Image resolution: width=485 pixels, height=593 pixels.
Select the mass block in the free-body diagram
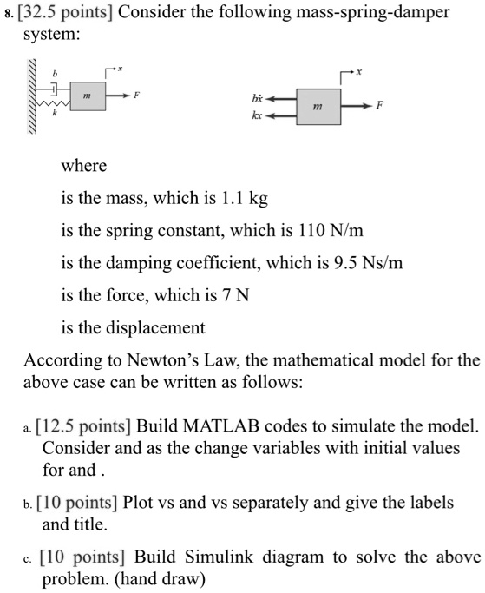click(x=318, y=106)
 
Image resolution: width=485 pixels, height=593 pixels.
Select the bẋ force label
click(x=255, y=98)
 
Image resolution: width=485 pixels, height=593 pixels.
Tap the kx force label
click(x=255, y=115)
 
